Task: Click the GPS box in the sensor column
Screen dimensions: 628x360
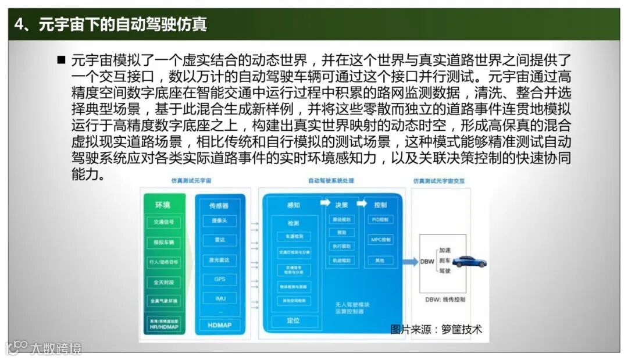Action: click(x=219, y=279)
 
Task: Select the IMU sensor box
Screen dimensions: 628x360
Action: click(x=219, y=298)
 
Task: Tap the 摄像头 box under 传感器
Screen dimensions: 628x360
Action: click(x=219, y=222)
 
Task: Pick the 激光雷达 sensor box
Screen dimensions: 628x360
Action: click(x=219, y=260)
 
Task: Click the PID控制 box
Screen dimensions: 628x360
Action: click(x=381, y=220)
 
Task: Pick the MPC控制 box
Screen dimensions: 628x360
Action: click(x=381, y=240)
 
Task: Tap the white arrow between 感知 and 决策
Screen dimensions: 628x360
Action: click(x=324, y=204)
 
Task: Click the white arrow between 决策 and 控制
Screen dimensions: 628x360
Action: click(x=362, y=204)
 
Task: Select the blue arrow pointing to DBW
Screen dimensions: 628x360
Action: click(x=409, y=262)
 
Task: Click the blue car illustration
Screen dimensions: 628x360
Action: click(x=469, y=262)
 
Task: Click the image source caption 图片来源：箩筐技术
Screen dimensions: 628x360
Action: click(x=436, y=329)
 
